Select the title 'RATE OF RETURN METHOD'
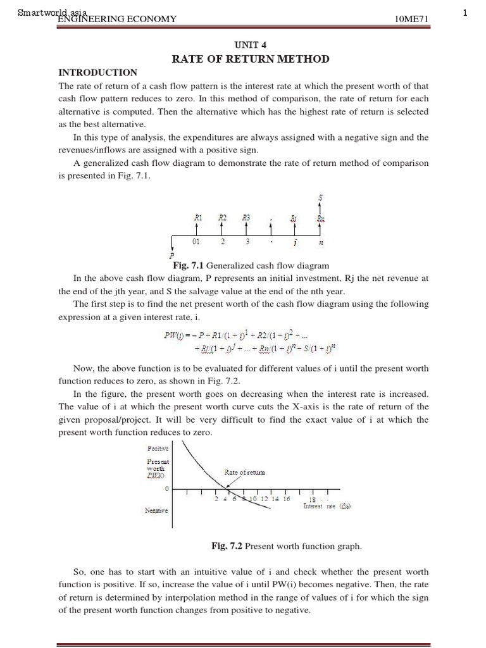point(251,59)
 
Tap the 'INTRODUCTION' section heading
point(97,73)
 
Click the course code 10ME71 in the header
point(411,19)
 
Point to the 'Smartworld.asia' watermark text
point(53,12)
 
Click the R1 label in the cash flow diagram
point(198,217)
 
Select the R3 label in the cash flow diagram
point(247,217)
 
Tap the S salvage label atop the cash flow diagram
point(320,197)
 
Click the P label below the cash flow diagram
point(171,256)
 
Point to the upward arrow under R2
point(222,228)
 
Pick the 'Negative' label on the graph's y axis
point(157,509)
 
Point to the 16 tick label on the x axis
point(287,499)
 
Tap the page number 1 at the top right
point(465,13)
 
